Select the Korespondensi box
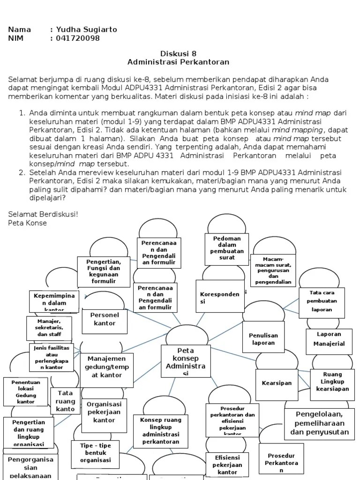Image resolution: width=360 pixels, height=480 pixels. click(219, 297)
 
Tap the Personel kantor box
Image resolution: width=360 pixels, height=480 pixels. click(105, 319)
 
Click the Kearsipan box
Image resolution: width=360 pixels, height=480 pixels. click(277, 383)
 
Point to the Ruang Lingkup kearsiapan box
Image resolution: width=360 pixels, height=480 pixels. click(332, 382)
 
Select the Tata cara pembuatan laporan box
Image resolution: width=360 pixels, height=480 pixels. click(321, 301)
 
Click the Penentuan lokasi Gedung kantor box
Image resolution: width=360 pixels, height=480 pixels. click(26, 392)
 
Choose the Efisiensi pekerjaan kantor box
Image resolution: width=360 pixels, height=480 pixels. click(227, 465)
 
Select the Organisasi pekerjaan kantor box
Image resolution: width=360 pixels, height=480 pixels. click(104, 412)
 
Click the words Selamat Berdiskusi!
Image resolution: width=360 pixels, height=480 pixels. click(43, 214)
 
